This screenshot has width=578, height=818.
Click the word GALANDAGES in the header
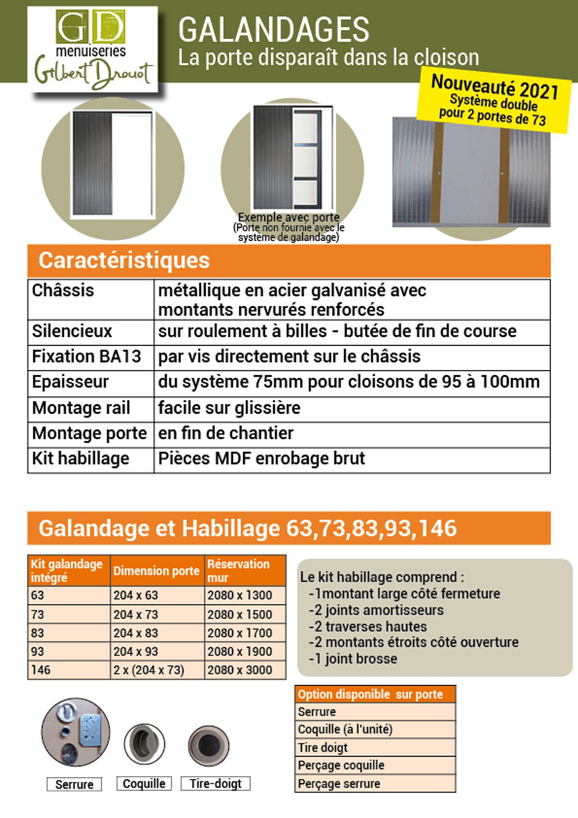[x=274, y=30]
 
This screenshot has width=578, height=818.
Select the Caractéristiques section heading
[x=124, y=261]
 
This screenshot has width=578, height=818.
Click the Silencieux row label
[x=72, y=331]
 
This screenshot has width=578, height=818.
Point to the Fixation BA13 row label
[x=86, y=356]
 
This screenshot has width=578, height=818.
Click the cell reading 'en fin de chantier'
[x=225, y=433]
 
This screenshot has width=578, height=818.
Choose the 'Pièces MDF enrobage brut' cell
[x=262, y=459]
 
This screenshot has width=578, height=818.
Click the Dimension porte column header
[x=156, y=571]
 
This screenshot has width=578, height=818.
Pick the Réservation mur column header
[x=238, y=570]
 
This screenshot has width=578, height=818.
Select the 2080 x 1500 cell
[x=240, y=615]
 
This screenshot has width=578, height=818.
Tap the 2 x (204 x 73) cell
[x=149, y=670]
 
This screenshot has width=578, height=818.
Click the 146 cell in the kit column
[x=41, y=670]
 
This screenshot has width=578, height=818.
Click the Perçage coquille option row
[x=341, y=765]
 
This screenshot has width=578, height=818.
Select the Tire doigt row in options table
[x=323, y=748]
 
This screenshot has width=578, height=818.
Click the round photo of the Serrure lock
[x=76, y=732]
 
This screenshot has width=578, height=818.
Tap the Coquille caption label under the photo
[x=144, y=784]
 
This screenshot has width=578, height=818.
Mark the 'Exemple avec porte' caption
[x=289, y=217]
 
